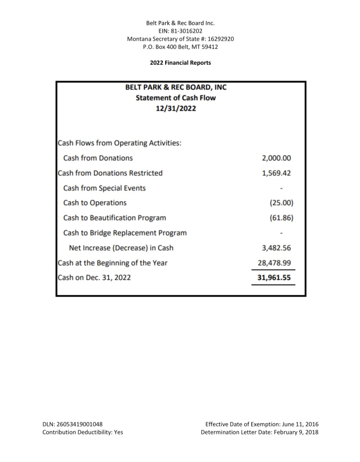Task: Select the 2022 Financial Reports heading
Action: point(180,63)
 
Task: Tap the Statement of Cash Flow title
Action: point(176,98)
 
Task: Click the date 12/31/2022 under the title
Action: point(176,109)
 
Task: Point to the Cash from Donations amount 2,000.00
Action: point(277,158)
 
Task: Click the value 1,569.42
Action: point(277,173)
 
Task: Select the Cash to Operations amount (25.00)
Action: point(281,203)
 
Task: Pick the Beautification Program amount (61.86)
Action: point(281,217)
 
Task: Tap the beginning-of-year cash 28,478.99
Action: point(274,263)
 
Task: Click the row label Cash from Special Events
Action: point(104,188)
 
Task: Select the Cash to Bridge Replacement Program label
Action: point(125,233)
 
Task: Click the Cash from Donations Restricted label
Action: point(110,173)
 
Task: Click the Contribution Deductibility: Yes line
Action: point(83,432)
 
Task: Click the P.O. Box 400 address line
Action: point(180,47)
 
